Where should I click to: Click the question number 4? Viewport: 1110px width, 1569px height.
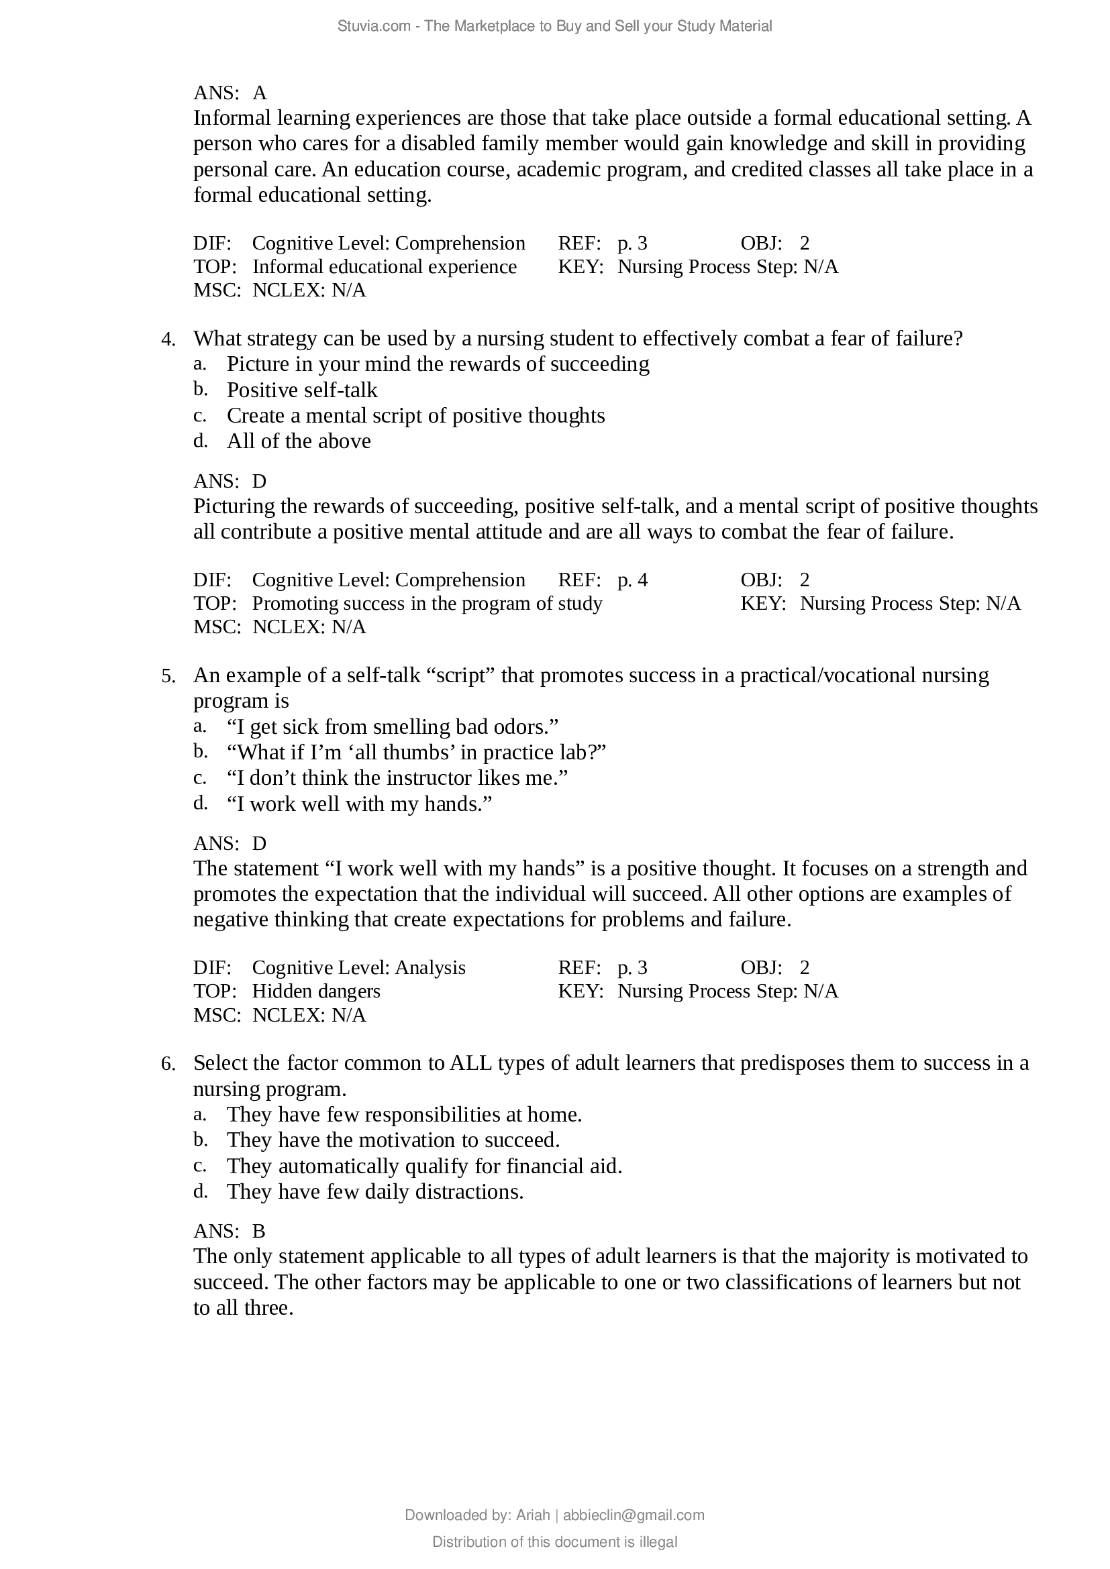168,339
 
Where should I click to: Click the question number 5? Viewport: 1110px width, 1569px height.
168,677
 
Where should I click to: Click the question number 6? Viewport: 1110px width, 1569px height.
168,1064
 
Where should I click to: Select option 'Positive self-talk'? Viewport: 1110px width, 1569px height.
301,390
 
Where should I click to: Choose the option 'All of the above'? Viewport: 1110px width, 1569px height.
299,441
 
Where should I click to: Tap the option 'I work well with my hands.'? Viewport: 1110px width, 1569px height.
359,804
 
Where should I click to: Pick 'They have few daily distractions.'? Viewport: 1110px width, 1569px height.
374,1192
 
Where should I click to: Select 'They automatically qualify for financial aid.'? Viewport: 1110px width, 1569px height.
423,1166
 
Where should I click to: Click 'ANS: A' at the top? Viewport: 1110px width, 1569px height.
230,93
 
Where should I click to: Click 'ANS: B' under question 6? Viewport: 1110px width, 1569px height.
230,1232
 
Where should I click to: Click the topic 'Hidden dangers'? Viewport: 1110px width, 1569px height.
316,991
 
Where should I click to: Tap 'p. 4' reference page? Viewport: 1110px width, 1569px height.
632,580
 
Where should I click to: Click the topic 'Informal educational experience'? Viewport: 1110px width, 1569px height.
384,266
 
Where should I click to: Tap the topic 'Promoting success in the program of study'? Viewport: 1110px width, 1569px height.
427,604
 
